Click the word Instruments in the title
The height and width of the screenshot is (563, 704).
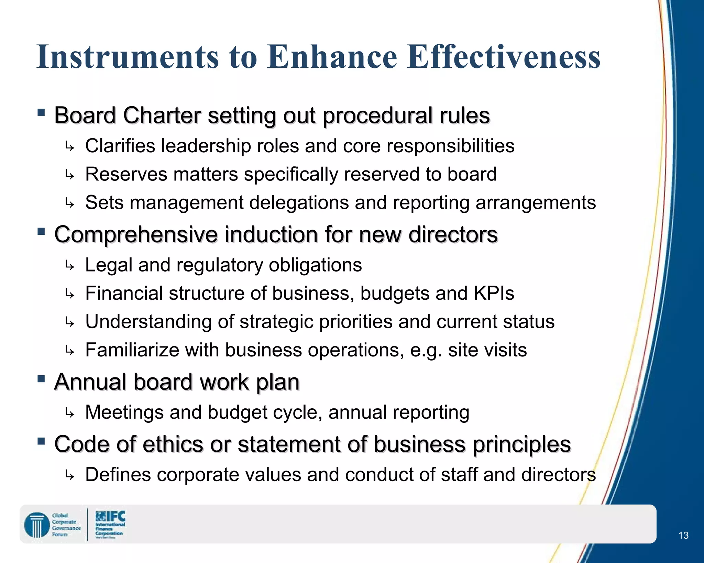point(128,57)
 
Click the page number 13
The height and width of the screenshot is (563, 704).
point(683,535)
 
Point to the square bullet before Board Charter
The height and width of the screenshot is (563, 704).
point(41,113)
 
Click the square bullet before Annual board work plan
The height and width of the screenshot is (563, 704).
point(41,379)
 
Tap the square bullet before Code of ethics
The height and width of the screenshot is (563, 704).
point(41,441)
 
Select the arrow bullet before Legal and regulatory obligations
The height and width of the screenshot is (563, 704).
point(70,266)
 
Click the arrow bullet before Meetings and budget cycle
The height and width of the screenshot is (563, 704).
point(70,413)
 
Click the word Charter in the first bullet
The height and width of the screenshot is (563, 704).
point(162,115)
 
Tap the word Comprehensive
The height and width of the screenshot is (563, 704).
point(136,235)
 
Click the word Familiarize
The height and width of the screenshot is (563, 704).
point(132,350)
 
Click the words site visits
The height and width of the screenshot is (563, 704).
point(487,350)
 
